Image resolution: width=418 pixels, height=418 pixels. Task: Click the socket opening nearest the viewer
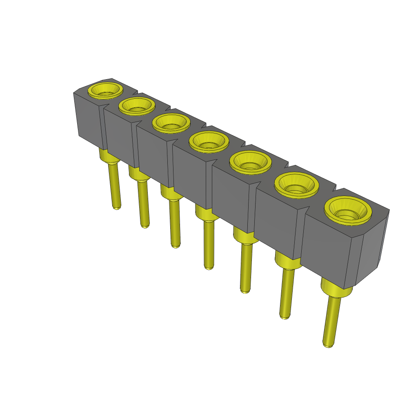pos(348,212)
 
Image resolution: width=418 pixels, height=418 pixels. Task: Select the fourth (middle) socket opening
pos(209,143)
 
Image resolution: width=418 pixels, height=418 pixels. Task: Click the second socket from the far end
pos(137,107)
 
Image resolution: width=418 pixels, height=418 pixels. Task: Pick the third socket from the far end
pos(171,124)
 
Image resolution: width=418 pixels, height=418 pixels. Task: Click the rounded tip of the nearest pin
pos(328,345)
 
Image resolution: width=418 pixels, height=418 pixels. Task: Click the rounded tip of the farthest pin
pos(117,207)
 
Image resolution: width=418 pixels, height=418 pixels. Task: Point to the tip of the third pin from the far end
pos(175,245)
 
